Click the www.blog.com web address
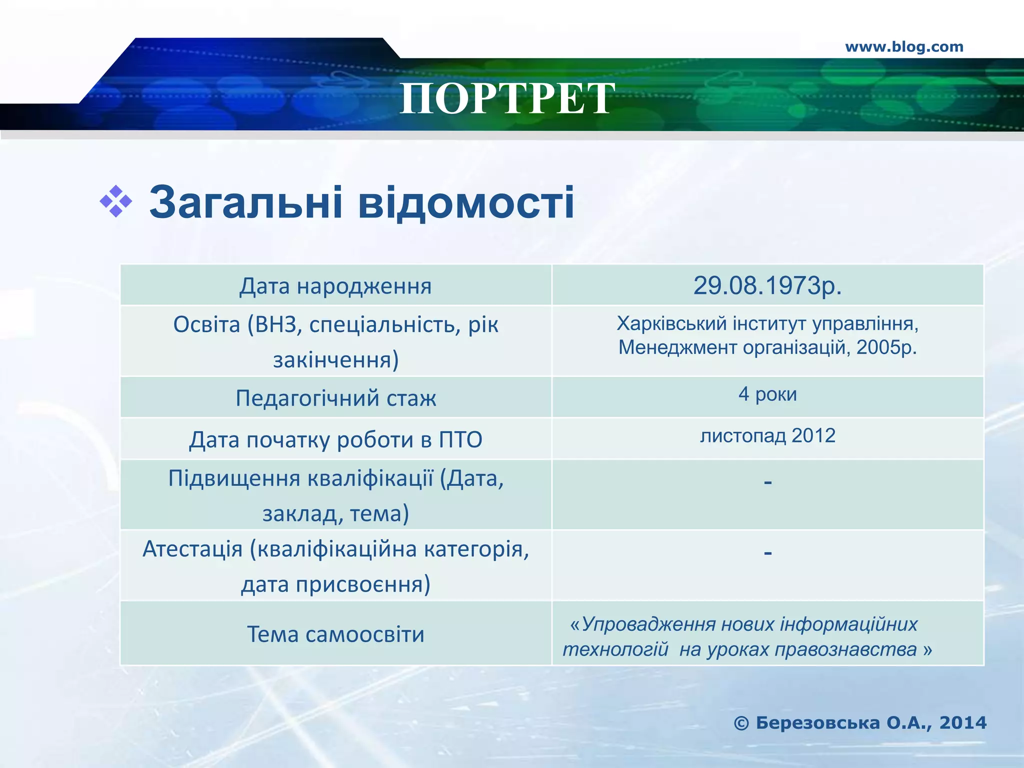pyautogui.click(x=904, y=47)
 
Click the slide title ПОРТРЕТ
pyautogui.click(x=507, y=98)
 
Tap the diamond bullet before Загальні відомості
pyautogui.click(x=116, y=202)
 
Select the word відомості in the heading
pyautogui.click(x=466, y=203)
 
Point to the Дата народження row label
pyautogui.click(x=335, y=286)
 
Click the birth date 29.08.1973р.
pyautogui.click(x=767, y=285)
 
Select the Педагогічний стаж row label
pyautogui.click(x=335, y=398)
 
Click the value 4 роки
pyautogui.click(x=767, y=394)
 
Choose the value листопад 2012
pyautogui.click(x=767, y=435)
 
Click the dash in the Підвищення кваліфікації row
pyautogui.click(x=768, y=482)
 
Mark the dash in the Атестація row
pyautogui.click(x=768, y=553)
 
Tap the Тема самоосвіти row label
pyautogui.click(x=335, y=634)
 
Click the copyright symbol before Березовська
pyautogui.click(x=741, y=723)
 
